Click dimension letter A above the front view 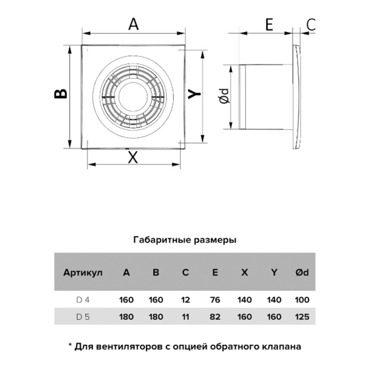[134, 24]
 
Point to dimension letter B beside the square [60, 93]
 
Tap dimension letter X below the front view [132, 157]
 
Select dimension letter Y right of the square [195, 94]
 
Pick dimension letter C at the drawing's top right [311, 24]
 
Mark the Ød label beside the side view [224, 96]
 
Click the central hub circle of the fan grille [133, 97]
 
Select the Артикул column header [83, 272]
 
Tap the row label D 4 [83, 300]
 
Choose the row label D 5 [83, 316]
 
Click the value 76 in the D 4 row [215, 300]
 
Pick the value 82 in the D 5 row [215, 316]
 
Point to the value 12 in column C [185, 300]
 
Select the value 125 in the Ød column [302, 316]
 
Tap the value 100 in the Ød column [302, 300]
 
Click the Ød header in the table [302, 272]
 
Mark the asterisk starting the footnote [70, 344]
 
